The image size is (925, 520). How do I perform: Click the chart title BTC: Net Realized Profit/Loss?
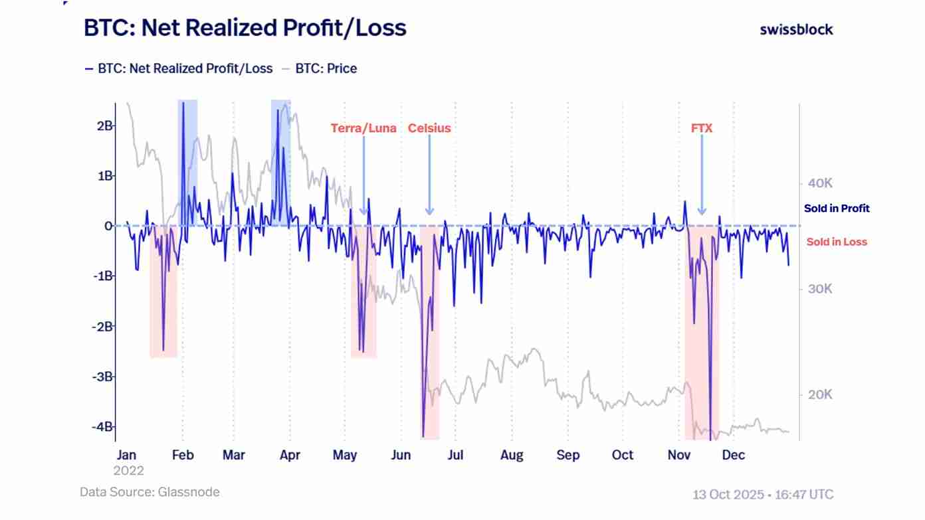[x=245, y=29]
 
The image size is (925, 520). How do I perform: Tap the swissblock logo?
[x=796, y=29]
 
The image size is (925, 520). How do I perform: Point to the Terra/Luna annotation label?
[x=363, y=128]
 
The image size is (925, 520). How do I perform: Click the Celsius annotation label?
[x=429, y=128]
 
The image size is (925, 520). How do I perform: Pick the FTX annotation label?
[x=702, y=128]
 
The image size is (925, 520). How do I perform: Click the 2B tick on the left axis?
[x=104, y=126]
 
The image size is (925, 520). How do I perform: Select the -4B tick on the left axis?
[x=102, y=426]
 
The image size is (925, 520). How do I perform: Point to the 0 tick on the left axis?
[x=108, y=226]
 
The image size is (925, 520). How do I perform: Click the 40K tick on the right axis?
[x=820, y=183]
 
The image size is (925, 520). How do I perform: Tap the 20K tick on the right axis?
[x=820, y=395]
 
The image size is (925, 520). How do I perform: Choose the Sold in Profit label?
[x=837, y=209]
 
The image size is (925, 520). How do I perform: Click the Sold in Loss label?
[x=837, y=242]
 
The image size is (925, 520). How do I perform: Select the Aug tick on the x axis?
[x=512, y=456]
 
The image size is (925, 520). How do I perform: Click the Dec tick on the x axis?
[x=733, y=456]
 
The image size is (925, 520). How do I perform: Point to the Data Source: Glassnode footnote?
[x=150, y=492]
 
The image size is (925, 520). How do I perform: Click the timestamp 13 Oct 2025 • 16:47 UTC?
[x=763, y=495]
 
